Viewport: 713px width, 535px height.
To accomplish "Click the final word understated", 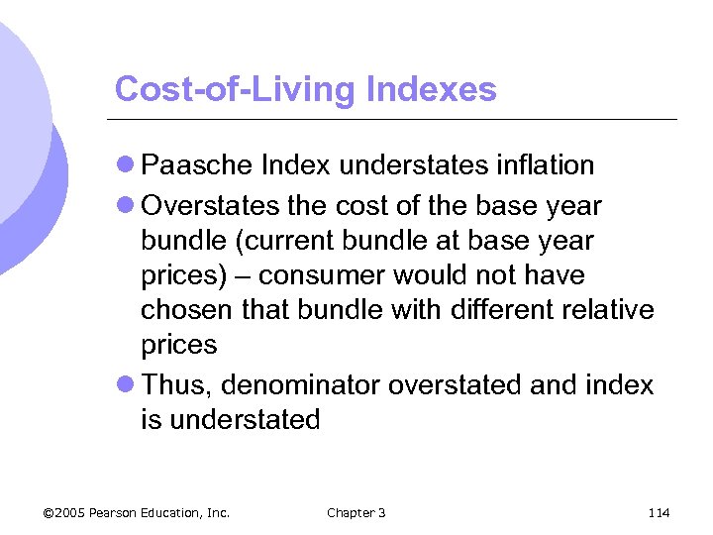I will [246, 420].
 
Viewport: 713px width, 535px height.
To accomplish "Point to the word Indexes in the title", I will [431, 89].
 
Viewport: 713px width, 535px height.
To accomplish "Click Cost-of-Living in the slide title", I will [235, 89].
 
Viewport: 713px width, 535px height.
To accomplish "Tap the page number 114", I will [659, 512].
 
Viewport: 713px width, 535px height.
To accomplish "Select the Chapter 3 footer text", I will [356, 512].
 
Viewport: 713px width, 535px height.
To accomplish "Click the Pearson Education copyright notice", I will [137, 512].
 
